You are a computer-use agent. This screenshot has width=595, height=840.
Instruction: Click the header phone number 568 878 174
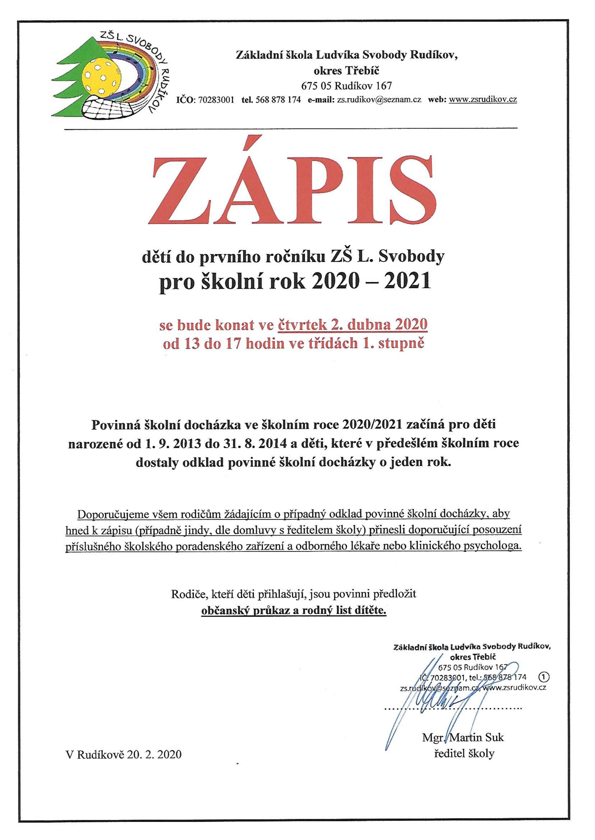[x=281, y=99]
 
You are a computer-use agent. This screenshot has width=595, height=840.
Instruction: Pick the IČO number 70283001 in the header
[x=216, y=99]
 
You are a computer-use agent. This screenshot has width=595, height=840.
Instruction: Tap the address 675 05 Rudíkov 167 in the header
[x=346, y=86]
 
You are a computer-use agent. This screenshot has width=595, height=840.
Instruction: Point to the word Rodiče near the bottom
[x=190, y=594]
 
